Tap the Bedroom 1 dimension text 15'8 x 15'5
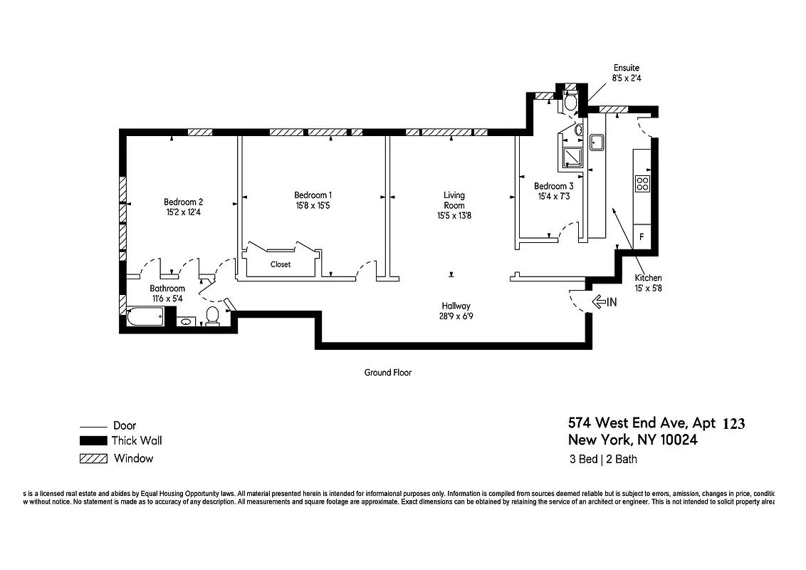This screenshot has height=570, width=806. coord(313,205)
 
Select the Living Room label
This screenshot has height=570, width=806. coord(454,199)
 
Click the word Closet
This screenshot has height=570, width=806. coord(281,264)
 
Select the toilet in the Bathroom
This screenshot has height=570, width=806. coord(211,315)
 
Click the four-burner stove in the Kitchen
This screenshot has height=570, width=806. coord(642,183)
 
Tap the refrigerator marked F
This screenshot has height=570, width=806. coord(642,236)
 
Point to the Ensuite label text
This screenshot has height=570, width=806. coord(627,68)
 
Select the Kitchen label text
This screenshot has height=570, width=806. coord(648,278)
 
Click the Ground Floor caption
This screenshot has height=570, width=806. coord(388,373)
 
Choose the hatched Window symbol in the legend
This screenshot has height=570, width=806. coord(93,458)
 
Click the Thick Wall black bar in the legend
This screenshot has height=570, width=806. coord(93,441)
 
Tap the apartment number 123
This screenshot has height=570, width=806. coord(733,424)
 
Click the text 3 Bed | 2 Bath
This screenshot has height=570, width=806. coord(603,459)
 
